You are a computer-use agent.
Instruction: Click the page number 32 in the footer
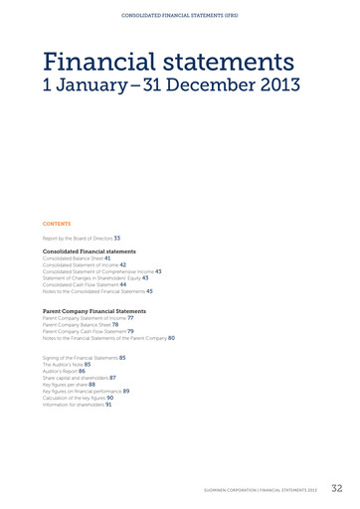[x=336, y=488]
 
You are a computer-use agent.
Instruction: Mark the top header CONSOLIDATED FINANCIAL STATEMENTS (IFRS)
[x=180, y=16]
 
